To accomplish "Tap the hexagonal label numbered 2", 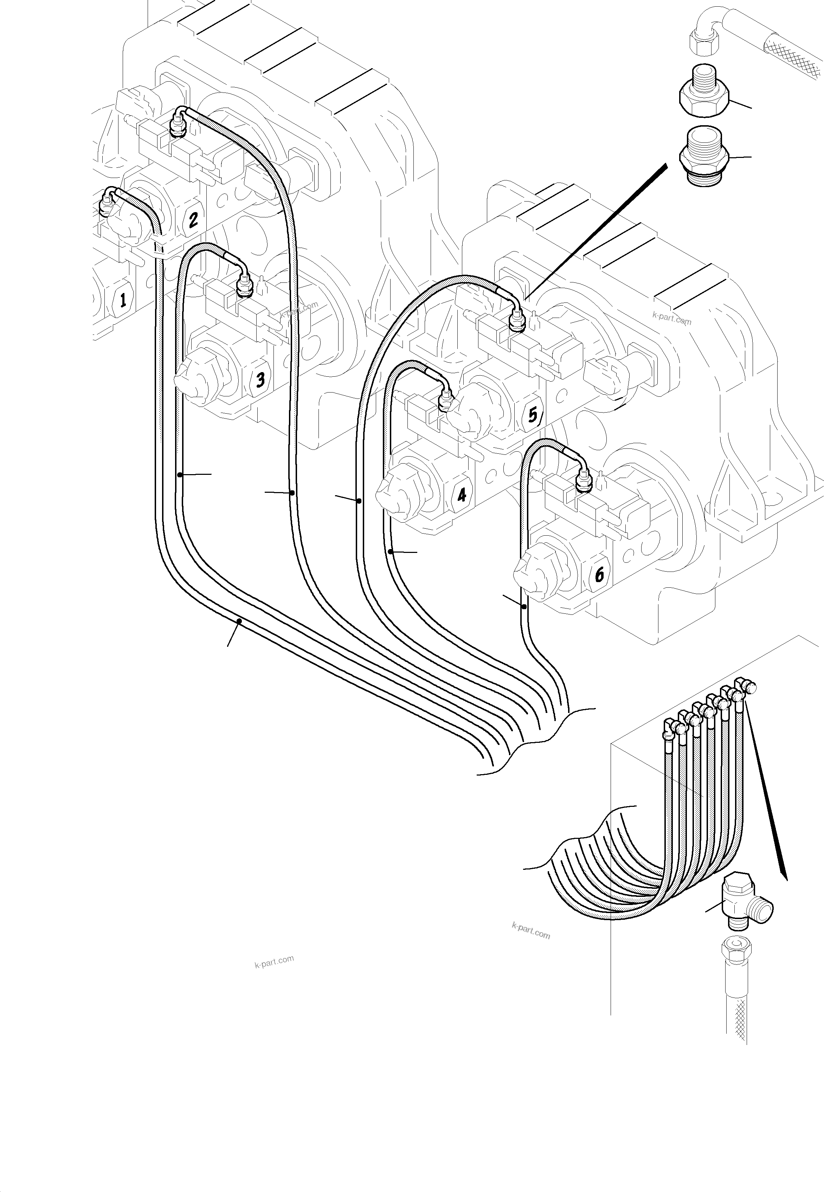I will [193, 220].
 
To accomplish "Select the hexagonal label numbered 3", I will [260, 380].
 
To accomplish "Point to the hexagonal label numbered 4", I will [461, 495].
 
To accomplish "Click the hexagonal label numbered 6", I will [599, 574].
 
